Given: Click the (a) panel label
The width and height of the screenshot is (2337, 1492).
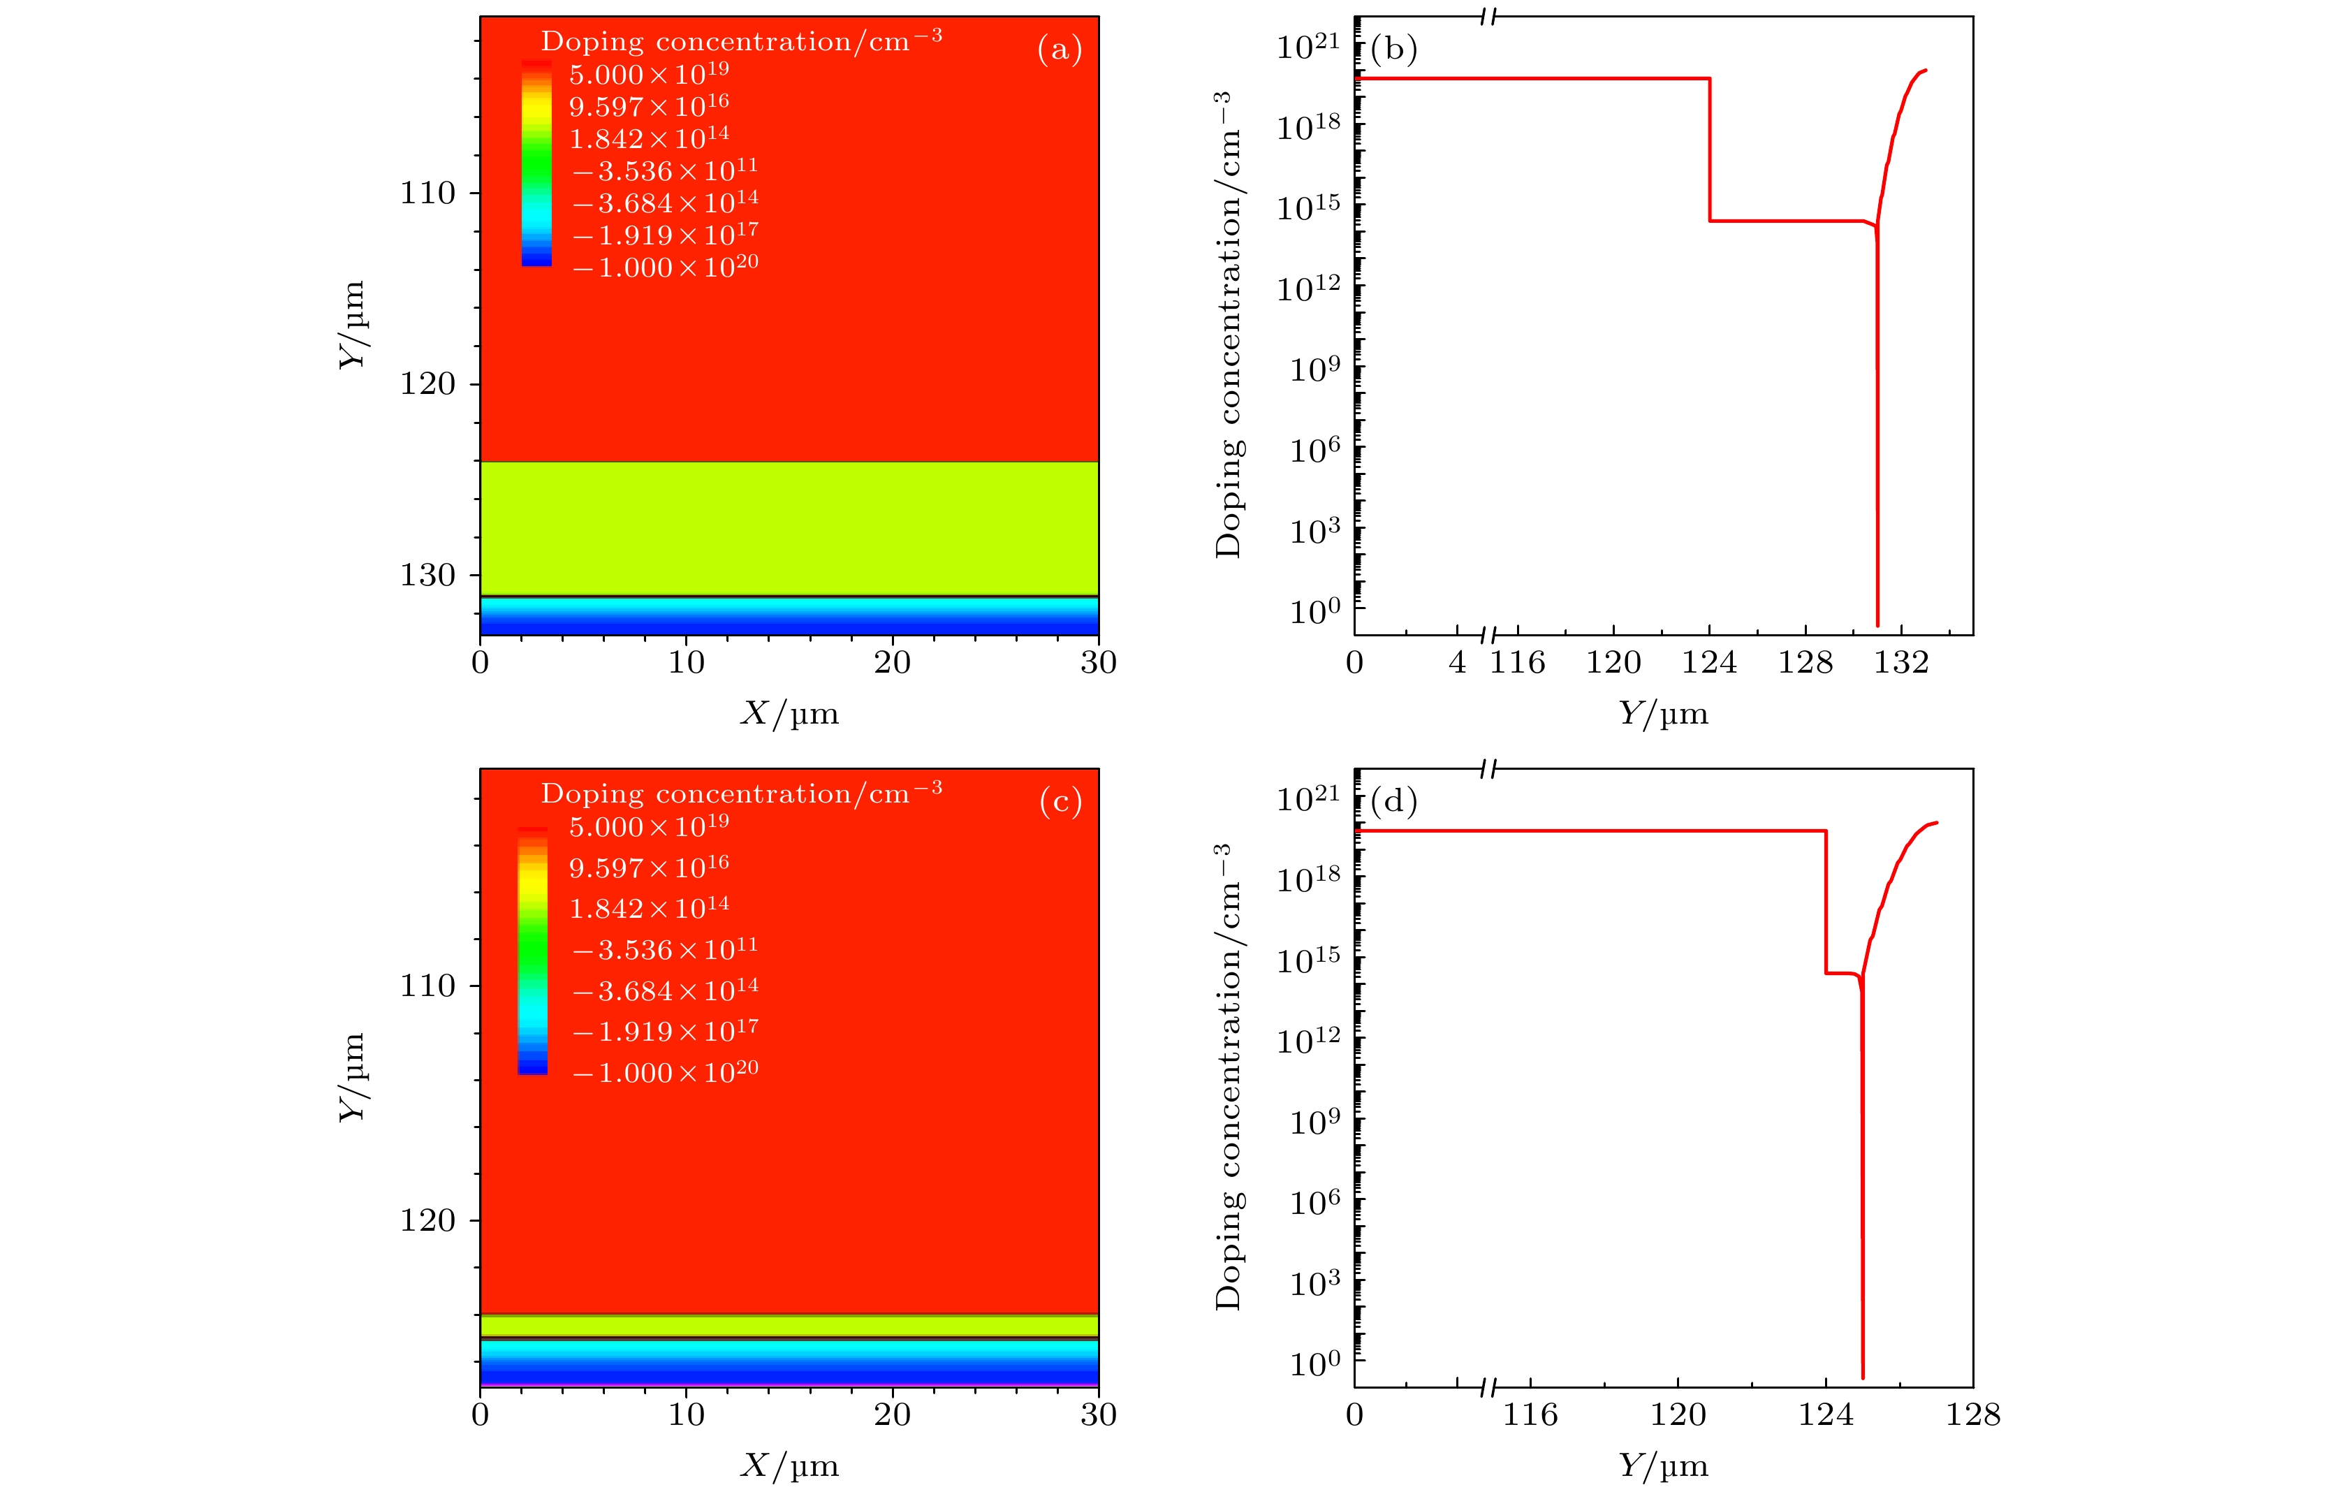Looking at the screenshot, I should pos(1059,48).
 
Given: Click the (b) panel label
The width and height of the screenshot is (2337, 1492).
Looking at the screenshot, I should pos(1393,48).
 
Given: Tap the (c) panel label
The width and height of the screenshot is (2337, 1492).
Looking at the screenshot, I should pos(1059,802).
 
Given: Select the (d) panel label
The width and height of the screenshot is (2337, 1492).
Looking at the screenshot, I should pos(1393,802).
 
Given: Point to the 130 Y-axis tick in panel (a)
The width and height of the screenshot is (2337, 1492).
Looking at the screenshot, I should pos(428,575).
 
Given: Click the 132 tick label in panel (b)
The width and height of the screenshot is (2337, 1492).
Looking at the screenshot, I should pos(1900,662).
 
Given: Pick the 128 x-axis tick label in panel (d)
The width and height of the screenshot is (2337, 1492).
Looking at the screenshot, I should pos(1972,1414).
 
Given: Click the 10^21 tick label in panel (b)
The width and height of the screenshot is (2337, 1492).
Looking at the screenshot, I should pos(1308,45).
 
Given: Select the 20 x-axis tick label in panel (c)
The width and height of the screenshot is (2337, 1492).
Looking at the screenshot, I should pos(892,1414).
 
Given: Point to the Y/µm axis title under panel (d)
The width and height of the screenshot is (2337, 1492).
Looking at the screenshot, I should pos(1662,1465).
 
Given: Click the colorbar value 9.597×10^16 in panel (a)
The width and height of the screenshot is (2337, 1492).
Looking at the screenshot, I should pos(648,105).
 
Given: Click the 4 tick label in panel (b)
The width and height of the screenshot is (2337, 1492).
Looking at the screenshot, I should pos(1457,662).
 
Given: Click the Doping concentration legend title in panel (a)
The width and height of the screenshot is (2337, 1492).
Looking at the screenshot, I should pos(740,41).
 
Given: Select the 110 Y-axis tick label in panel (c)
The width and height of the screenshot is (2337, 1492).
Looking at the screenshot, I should pos(428,986).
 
